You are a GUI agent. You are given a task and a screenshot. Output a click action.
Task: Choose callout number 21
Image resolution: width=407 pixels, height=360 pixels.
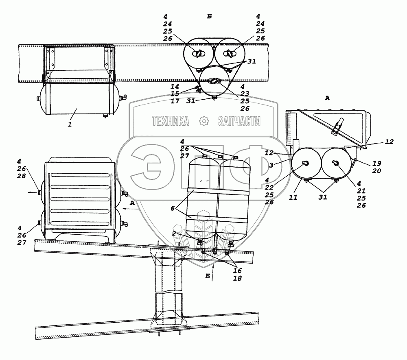click(x=361, y=191)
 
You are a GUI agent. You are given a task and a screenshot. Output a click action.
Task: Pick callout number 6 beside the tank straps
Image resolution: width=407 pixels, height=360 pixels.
click(x=173, y=208)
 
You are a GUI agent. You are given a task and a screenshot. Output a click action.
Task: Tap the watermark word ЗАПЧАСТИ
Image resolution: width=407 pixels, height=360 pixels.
click(x=239, y=121)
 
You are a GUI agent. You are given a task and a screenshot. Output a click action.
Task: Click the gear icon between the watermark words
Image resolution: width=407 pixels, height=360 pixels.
click(x=203, y=121)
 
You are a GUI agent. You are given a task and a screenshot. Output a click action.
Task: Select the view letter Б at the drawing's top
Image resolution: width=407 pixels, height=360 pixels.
click(x=209, y=16)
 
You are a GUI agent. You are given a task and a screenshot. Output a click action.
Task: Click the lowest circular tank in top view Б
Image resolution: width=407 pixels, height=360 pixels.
click(x=214, y=81)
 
